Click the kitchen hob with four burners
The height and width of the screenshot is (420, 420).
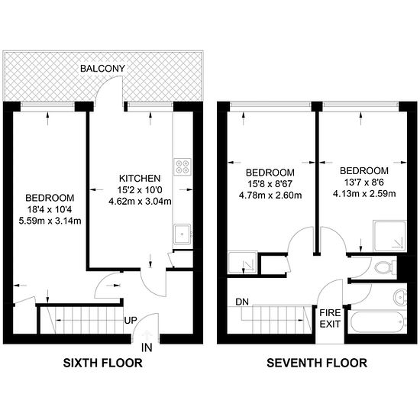(183, 167)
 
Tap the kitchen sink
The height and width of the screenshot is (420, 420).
(182, 234)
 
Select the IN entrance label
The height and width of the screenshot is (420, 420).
(147, 348)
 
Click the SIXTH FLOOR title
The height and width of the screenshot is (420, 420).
(102, 363)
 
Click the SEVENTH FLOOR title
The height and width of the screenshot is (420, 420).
(316, 363)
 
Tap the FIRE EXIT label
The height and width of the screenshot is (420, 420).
(329, 318)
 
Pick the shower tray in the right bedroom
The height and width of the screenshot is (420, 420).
(390, 237)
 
